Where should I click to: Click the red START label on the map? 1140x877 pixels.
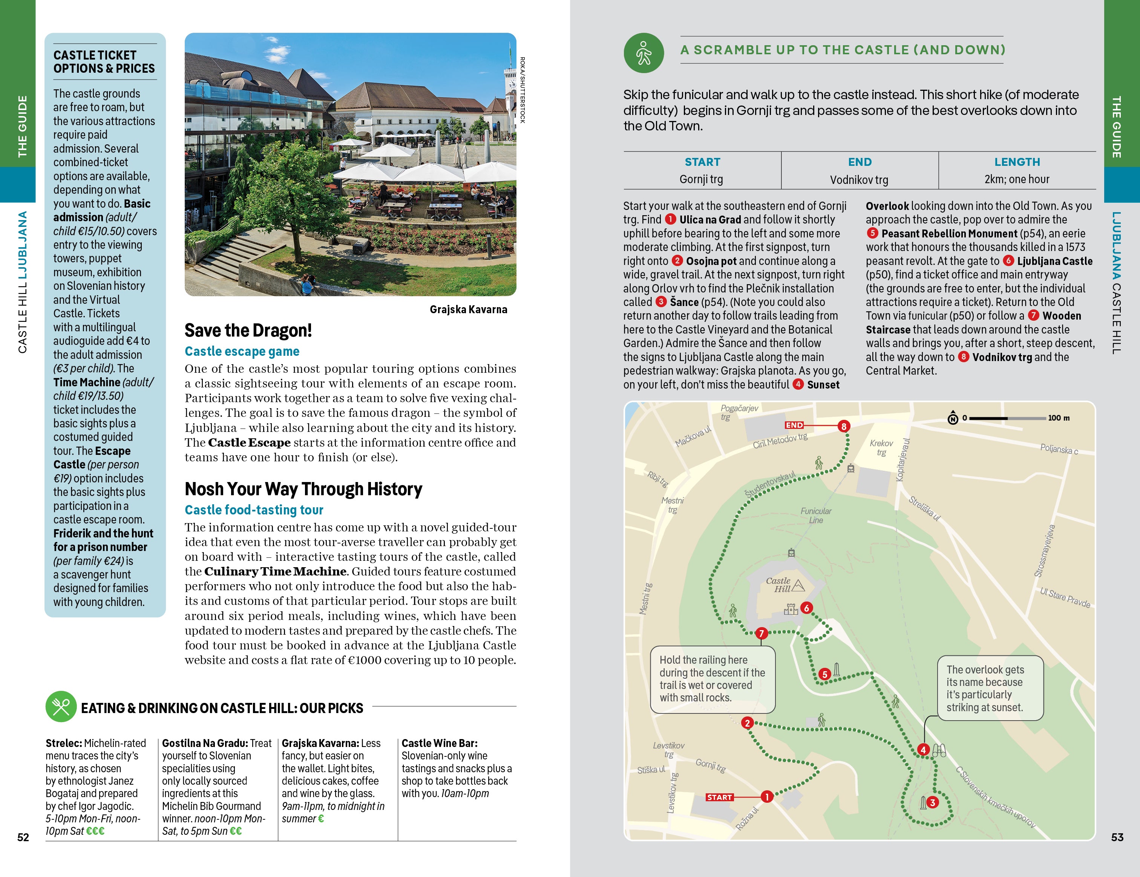(x=719, y=797)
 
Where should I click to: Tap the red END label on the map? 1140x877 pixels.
(x=794, y=425)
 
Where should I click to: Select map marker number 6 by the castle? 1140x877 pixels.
(x=806, y=608)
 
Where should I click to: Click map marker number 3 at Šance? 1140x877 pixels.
(x=932, y=802)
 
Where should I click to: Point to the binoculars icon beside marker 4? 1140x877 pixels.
(x=939, y=751)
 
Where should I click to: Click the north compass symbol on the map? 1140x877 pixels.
(x=953, y=418)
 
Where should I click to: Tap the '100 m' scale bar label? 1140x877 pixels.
(x=1059, y=418)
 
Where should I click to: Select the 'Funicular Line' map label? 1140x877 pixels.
(x=816, y=516)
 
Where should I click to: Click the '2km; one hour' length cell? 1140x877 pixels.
(x=1017, y=179)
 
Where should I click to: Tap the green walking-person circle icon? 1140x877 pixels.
(x=644, y=53)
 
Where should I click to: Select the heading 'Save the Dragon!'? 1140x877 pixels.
(x=248, y=330)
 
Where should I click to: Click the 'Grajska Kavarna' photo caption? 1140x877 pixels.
(x=468, y=309)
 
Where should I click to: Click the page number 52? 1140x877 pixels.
(x=23, y=837)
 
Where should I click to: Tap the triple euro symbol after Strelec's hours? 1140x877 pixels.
(x=95, y=831)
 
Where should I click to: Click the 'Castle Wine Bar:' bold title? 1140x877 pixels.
(x=440, y=743)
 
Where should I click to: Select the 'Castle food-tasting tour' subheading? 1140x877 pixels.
(x=254, y=510)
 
